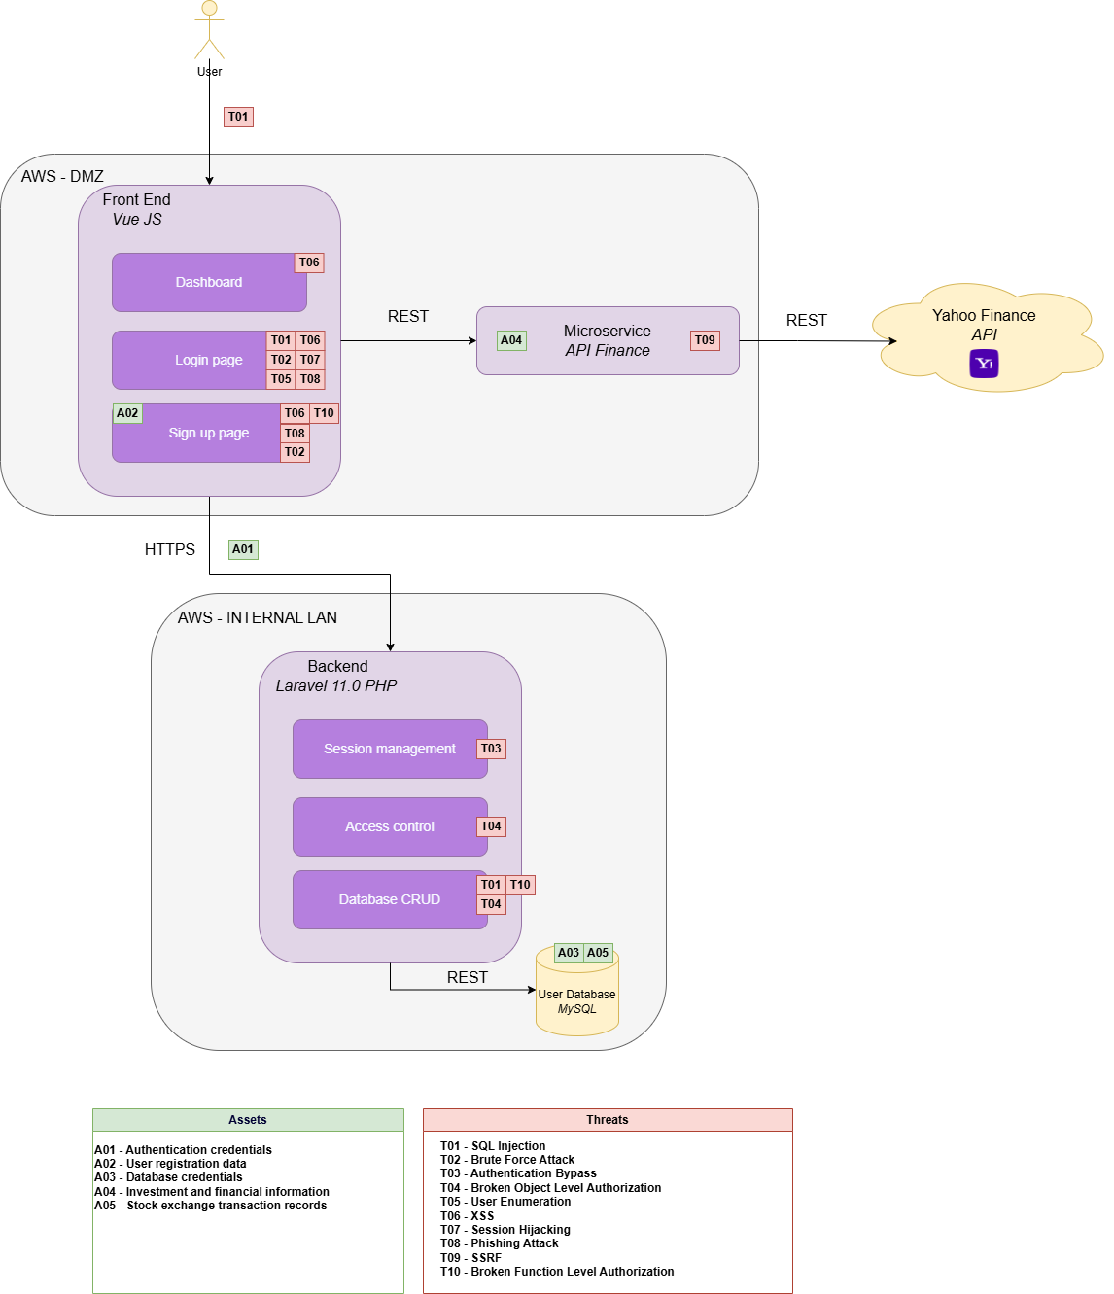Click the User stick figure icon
[209, 30]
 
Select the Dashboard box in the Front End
[209, 282]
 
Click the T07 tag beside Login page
[310, 360]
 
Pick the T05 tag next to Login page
[281, 379]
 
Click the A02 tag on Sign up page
[127, 413]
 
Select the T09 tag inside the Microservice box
[705, 340]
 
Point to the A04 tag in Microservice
[511, 340]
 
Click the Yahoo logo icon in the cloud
[984, 364]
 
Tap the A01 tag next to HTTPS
[243, 549]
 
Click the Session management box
[390, 749]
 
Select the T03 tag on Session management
[491, 749]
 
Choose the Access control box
[390, 826]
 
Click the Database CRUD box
[390, 899]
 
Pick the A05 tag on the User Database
[598, 953]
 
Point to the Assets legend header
[248, 1120]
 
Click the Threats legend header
[608, 1120]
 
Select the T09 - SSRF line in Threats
[470, 1258]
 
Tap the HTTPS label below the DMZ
[169, 549]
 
